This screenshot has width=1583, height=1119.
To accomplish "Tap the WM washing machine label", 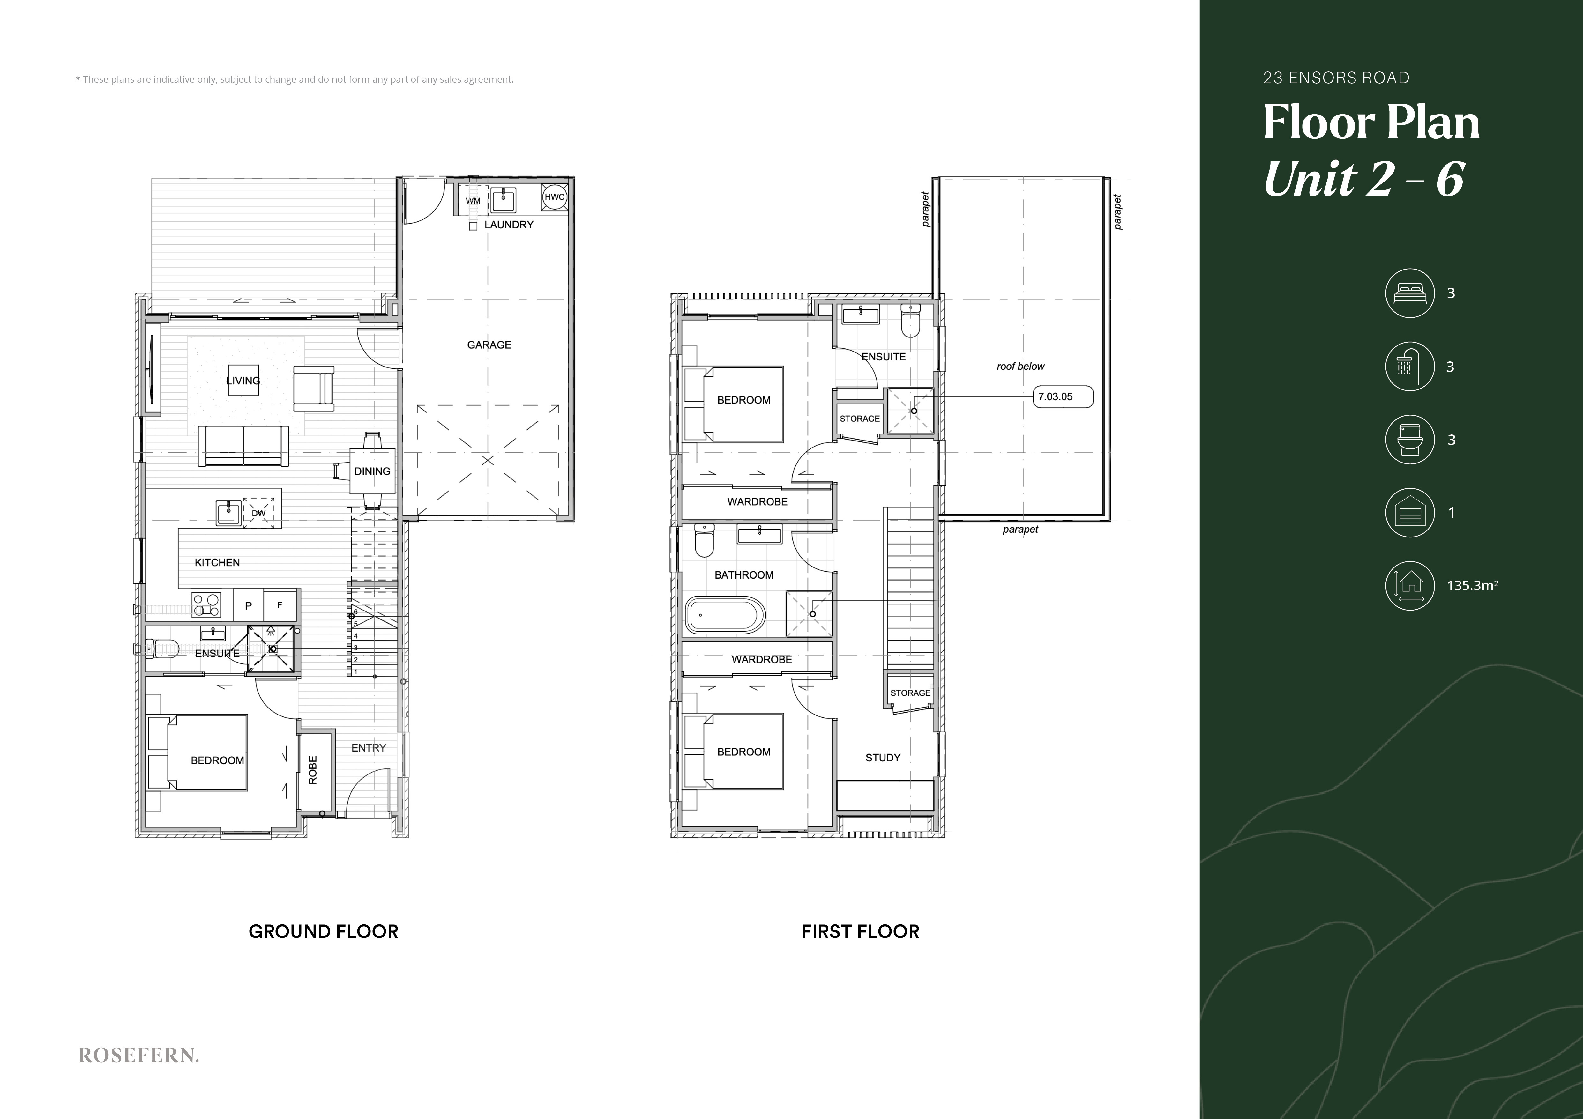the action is click(473, 201).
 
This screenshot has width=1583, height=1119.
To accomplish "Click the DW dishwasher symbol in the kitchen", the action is click(258, 513).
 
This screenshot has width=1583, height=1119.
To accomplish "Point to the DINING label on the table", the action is click(372, 471).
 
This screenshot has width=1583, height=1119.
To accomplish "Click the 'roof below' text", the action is click(1020, 367).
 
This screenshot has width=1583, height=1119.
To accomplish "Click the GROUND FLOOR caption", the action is click(323, 931).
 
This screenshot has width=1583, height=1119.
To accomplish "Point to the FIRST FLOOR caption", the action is click(861, 931).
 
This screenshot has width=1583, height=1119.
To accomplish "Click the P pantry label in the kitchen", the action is click(249, 606).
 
